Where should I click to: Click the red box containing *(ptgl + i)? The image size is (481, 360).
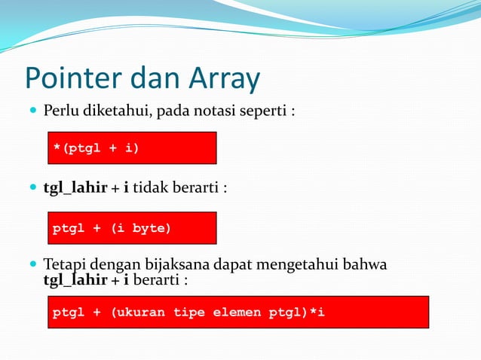[132, 148]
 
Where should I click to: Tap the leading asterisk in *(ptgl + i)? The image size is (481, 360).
[56, 148]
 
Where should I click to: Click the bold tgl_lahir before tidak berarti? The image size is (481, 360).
[75, 188]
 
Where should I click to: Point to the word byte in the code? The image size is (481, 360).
[152, 228]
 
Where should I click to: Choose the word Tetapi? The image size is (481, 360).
[64, 265]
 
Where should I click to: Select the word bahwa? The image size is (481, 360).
[366, 265]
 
